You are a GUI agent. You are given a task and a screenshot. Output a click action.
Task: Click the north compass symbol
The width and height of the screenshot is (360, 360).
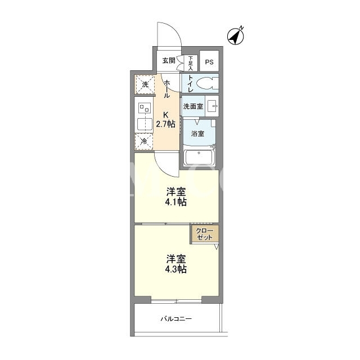(x=236, y=36)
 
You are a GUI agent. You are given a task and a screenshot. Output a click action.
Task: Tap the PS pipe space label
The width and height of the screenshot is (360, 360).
(x=209, y=62)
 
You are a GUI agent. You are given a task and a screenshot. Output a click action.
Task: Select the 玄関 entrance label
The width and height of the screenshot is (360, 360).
(x=169, y=61)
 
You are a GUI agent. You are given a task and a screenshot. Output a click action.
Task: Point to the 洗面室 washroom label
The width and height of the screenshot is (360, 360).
(x=193, y=106)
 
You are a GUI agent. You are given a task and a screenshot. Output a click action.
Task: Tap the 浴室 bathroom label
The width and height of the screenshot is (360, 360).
(x=197, y=133)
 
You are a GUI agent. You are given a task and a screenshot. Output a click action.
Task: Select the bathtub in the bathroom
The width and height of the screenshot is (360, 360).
(x=199, y=157)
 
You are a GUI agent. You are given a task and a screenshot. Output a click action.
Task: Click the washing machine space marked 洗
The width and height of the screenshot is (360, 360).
(x=145, y=84)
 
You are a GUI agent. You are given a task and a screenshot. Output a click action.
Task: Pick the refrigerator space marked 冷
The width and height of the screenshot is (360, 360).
(x=144, y=141)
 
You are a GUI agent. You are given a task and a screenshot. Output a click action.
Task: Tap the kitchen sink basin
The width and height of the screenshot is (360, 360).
(x=145, y=124)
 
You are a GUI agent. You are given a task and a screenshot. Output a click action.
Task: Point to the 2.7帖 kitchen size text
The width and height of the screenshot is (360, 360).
(x=165, y=124)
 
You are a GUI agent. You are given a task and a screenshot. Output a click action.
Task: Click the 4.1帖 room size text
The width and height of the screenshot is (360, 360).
(x=175, y=202)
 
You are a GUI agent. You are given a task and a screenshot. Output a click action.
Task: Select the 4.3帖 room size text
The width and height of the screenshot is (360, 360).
(x=175, y=269)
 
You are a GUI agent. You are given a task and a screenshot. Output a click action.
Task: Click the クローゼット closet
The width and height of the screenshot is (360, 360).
(x=205, y=234)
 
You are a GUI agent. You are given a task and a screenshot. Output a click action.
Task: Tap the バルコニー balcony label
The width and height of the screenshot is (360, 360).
(x=176, y=319)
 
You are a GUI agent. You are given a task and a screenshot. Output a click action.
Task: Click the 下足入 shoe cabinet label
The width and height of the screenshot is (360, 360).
(x=191, y=63)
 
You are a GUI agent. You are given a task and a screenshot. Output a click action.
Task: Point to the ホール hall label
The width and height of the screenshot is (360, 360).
(x=167, y=89)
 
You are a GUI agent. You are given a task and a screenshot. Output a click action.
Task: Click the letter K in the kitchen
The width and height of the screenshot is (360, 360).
(x=166, y=115)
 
